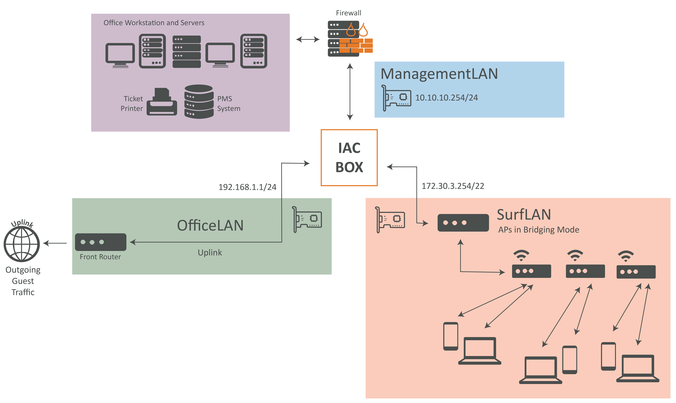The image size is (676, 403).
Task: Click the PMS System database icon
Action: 199,102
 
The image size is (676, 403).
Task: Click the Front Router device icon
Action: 100,242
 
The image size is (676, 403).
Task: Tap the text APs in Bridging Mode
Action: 539,230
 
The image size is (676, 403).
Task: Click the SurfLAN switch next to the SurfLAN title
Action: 463,223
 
